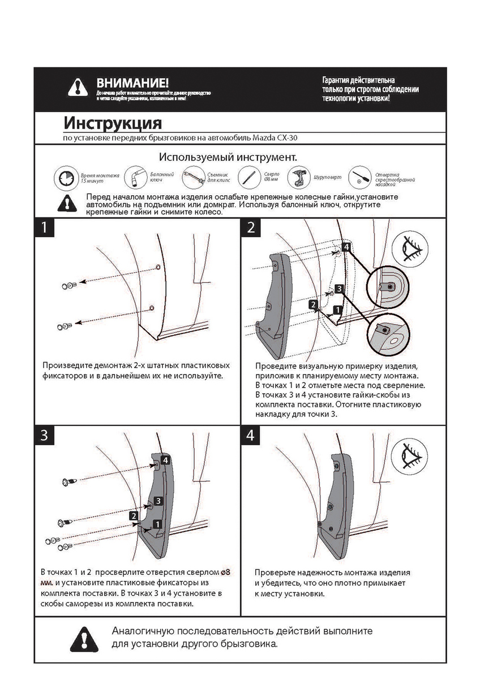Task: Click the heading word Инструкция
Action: [113, 123]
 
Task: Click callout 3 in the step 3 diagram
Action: [158, 501]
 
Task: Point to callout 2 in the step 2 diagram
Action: [313, 304]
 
